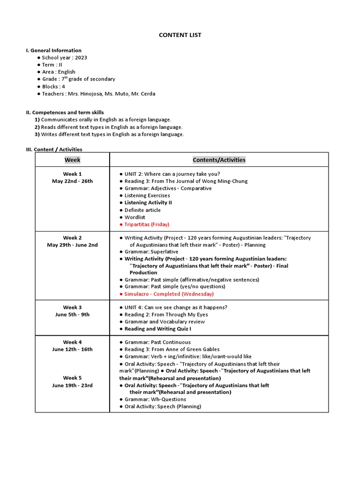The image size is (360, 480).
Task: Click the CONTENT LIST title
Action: pos(180,35)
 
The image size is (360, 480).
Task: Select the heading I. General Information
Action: pos(53,51)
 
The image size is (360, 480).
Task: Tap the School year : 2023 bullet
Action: pos(64,58)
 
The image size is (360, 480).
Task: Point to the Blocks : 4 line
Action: pos(53,87)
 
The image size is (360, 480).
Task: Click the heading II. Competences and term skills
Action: pos(65,112)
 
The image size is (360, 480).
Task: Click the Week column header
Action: pos(72,160)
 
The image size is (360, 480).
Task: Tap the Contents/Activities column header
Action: pos(219,160)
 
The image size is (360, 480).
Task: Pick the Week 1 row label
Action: pos(72,174)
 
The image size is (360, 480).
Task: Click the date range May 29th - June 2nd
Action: pos(72,245)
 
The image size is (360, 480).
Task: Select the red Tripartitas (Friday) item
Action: pos(147,225)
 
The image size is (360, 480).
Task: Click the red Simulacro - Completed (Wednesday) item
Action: pos(169,294)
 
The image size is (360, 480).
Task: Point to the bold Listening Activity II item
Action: pos(148,202)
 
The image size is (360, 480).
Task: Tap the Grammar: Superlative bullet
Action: pos(151,252)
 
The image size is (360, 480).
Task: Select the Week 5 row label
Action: pos(72,378)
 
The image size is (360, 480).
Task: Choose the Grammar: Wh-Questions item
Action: pos(155,399)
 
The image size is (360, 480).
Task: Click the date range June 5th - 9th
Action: pos(72,315)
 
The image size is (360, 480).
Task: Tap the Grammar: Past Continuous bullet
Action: pos(157,342)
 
